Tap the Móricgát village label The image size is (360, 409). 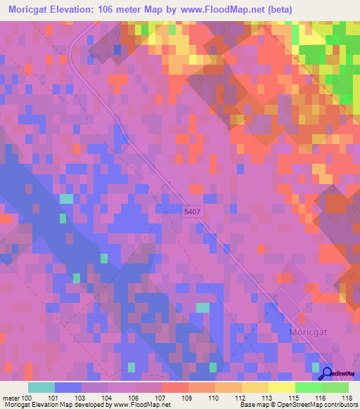pos(309,331)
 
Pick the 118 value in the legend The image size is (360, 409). pos(346,398)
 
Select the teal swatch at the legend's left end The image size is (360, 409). pos(41,387)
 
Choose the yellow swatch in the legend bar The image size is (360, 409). pos(281,387)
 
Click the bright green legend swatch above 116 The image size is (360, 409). pos(308,387)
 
